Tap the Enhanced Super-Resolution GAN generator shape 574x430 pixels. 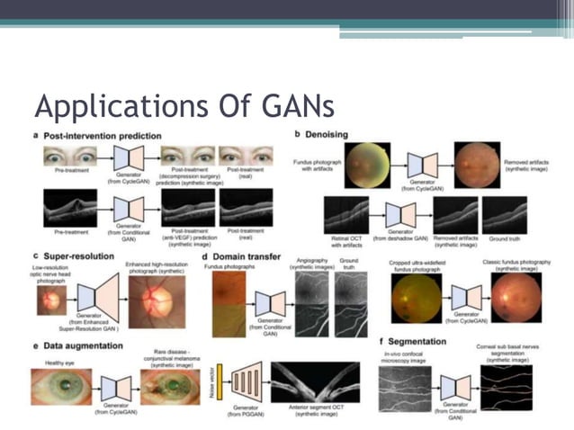(x=99, y=299)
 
